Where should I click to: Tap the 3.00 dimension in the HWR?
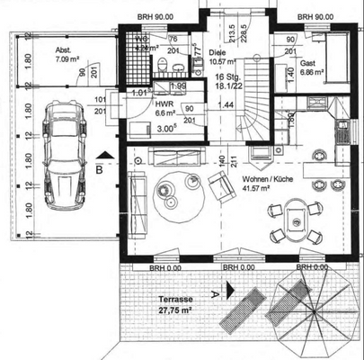point(139,128)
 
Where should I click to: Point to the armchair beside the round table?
point(220,186)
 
